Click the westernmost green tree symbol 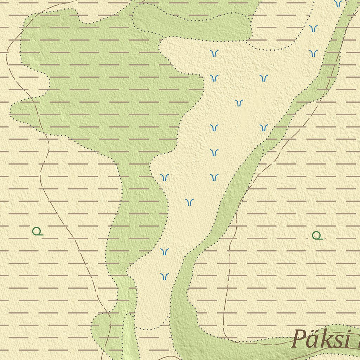tap(37, 231)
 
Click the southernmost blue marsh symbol tap(165, 276)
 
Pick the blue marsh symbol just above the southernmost tap(165, 251)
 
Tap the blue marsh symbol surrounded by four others tap(239, 103)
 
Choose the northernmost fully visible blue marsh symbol tap(313, 28)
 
